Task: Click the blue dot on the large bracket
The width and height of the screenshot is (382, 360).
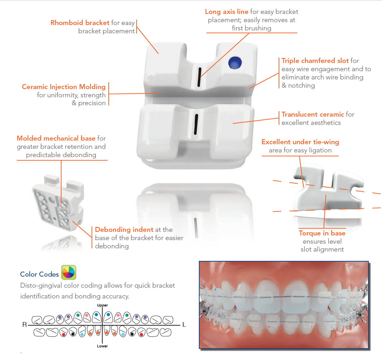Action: pyautogui.click(x=235, y=63)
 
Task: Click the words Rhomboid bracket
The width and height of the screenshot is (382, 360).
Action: pyautogui.click(x=80, y=23)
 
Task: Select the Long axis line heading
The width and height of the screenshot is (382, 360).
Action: pyautogui.click(x=227, y=12)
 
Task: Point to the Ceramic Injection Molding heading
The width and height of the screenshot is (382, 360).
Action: pyautogui.click(x=64, y=87)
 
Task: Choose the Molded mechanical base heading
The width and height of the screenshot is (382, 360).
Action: pyautogui.click(x=56, y=138)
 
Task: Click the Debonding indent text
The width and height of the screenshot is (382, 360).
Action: pyautogui.click(x=124, y=230)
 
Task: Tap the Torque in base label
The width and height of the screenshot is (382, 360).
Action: pyautogui.click(x=322, y=233)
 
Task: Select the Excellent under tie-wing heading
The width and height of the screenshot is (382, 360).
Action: pyautogui.click(x=300, y=142)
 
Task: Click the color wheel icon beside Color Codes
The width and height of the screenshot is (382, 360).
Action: pyautogui.click(x=68, y=273)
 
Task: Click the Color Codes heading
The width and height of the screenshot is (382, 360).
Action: pyautogui.click(x=39, y=274)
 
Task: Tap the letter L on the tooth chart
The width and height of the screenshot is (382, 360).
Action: pyautogui.click(x=184, y=325)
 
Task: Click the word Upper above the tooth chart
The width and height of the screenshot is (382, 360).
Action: pyautogui.click(x=102, y=305)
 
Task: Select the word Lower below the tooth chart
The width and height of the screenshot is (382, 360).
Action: pyautogui.click(x=102, y=346)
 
